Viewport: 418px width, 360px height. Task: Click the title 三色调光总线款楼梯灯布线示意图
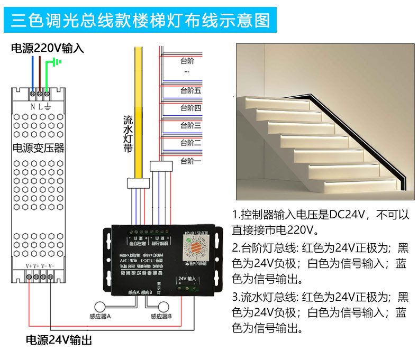pyautogui.click(x=141, y=21)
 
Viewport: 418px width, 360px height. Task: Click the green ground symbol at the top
pyautogui.click(x=56, y=63)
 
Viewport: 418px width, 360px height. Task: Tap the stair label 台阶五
pyautogui.click(x=190, y=91)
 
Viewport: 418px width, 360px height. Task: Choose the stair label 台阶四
pyautogui.click(x=190, y=108)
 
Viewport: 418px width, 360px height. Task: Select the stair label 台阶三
pyautogui.click(x=190, y=125)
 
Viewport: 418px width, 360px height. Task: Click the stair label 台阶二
pyautogui.click(x=190, y=143)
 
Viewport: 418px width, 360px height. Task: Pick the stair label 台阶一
pyautogui.click(x=190, y=160)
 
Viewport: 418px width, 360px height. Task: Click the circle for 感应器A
pyautogui.click(x=101, y=307)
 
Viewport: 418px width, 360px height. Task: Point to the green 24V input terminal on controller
pyautogui.click(x=188, y=288)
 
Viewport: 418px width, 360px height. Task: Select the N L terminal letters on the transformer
pyautogui.click(x=40, y=106)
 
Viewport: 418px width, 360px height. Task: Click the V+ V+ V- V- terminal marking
pyautogui.click(x=40, y=266)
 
